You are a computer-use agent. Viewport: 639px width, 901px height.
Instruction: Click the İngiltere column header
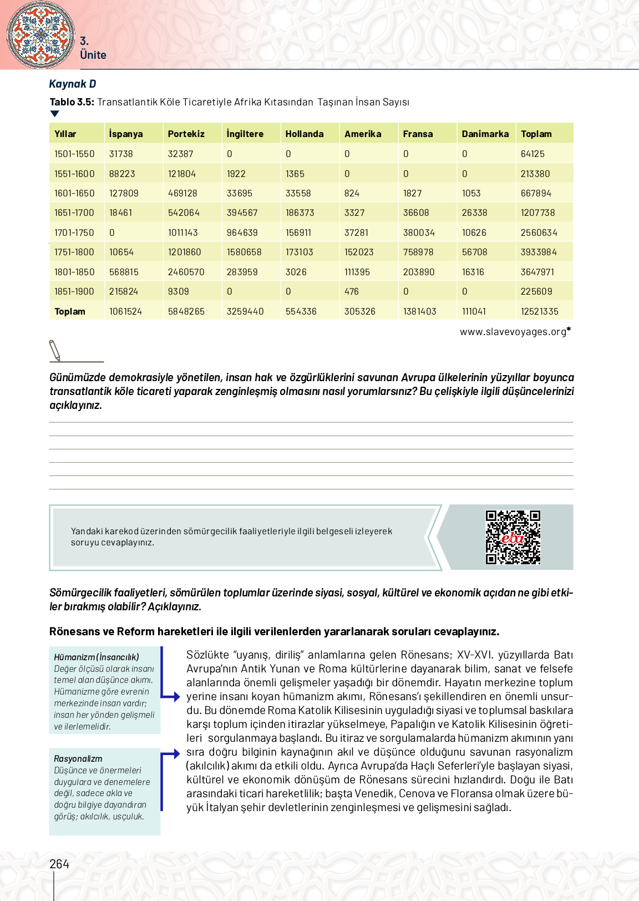(245, 134)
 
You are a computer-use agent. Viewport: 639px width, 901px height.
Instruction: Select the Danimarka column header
(485, 134)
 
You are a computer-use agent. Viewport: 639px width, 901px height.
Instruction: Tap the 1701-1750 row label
(74, 232)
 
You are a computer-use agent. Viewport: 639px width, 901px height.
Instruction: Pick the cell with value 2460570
(186, 272)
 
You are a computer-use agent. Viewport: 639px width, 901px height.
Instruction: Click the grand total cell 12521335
(539, 311)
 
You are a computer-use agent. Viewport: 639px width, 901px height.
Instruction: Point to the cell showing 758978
(418, 252)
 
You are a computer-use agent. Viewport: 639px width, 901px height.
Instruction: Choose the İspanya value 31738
(121, 154)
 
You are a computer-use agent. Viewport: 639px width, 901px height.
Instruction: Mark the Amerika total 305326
(359, 311)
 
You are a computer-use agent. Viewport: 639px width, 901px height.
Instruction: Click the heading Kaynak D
(73, 84)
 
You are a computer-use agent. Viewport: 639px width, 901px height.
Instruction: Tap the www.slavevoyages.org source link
(513, 332)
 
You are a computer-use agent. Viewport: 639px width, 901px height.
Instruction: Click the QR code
(513, 537)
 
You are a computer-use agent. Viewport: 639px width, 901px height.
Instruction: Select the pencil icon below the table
(54, 351)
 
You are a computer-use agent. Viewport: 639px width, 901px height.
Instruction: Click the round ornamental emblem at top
(40, 34)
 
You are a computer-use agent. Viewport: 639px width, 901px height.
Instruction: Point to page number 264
(59, 864)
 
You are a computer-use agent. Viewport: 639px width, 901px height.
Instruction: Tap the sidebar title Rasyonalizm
(78, 758)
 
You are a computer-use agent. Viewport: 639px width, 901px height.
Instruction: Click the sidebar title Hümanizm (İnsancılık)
(97, 657)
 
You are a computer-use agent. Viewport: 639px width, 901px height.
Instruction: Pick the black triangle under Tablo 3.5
(54, 114)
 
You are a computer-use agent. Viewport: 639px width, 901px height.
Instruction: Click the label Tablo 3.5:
(72, 102)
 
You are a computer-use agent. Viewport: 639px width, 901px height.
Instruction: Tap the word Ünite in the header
(93, 55)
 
